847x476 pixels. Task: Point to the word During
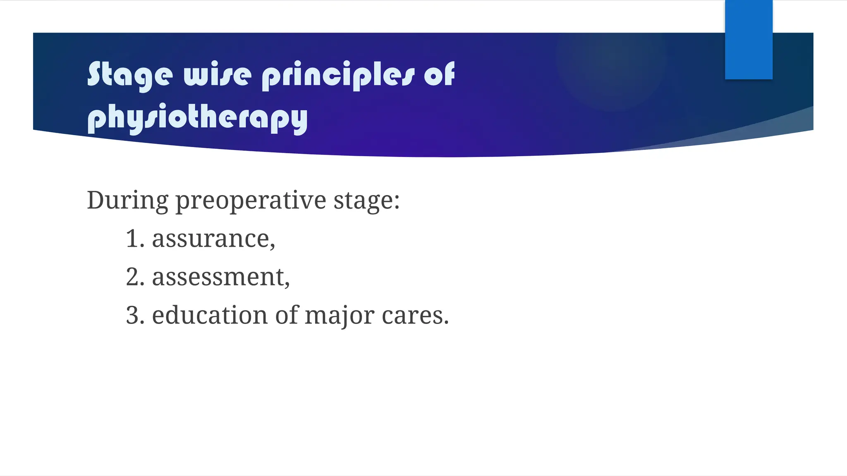[x=127, y=200]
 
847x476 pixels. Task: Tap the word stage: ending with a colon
[x=366, y=201]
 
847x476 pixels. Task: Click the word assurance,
[x=213, y=239]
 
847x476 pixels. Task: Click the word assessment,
[x=220, y=277]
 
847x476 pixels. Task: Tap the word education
[x=210, y=316]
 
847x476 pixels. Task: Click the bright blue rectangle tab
[x=749, y=39]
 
